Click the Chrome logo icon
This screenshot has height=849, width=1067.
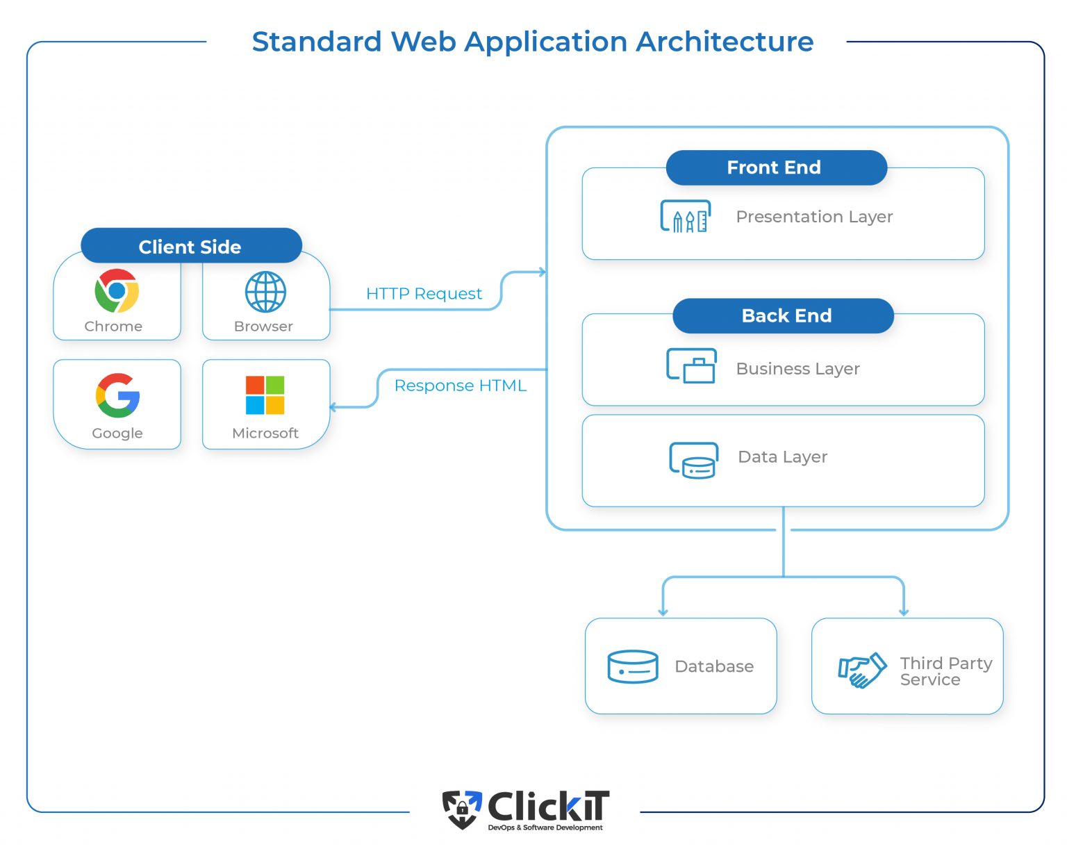(x=117, y=290)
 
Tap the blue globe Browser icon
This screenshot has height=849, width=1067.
(x=265, y=292)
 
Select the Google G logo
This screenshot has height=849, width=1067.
(x=117, y=395)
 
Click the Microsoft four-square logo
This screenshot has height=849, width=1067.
(x=265, y=395)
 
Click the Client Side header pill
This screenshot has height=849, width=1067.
(x=191, y=247)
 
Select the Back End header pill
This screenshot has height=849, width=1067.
(x=783, y=315)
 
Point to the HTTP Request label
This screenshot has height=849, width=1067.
(x=424, y=294)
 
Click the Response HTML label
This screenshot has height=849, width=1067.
(x=460, y=386)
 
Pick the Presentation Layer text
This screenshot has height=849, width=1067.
(x=814, y=217)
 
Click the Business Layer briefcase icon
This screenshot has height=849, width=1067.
(x=692, y=366)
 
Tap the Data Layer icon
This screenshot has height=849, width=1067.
(x=693, y=460)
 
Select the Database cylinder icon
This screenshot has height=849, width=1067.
(x=632, y=666)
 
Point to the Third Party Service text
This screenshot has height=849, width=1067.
(x=945, y=671)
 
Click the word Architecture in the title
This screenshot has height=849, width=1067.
(x=725, y=42)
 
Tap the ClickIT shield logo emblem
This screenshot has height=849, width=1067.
(x=462, y=809)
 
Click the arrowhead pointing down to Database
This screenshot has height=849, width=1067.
(x=663, y=611)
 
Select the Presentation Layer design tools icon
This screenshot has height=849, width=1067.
(x=685, y=217)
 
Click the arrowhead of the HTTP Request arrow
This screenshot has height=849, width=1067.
(x=542, y=272)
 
